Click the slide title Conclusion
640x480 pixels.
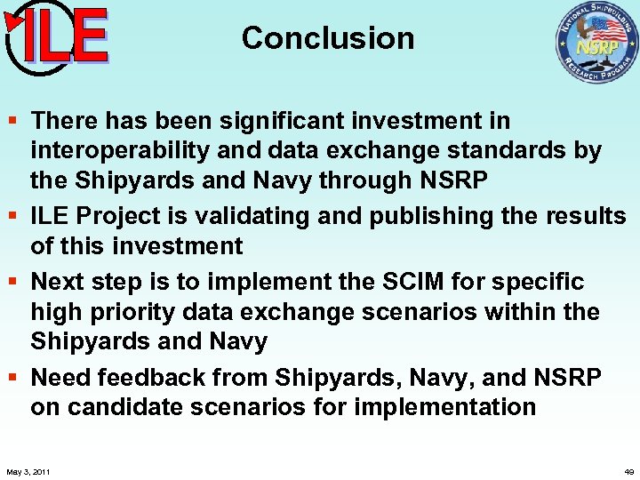[327, 38]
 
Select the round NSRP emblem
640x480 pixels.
[596, 43]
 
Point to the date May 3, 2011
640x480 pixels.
[28, 471]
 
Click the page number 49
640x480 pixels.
[628, 471]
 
